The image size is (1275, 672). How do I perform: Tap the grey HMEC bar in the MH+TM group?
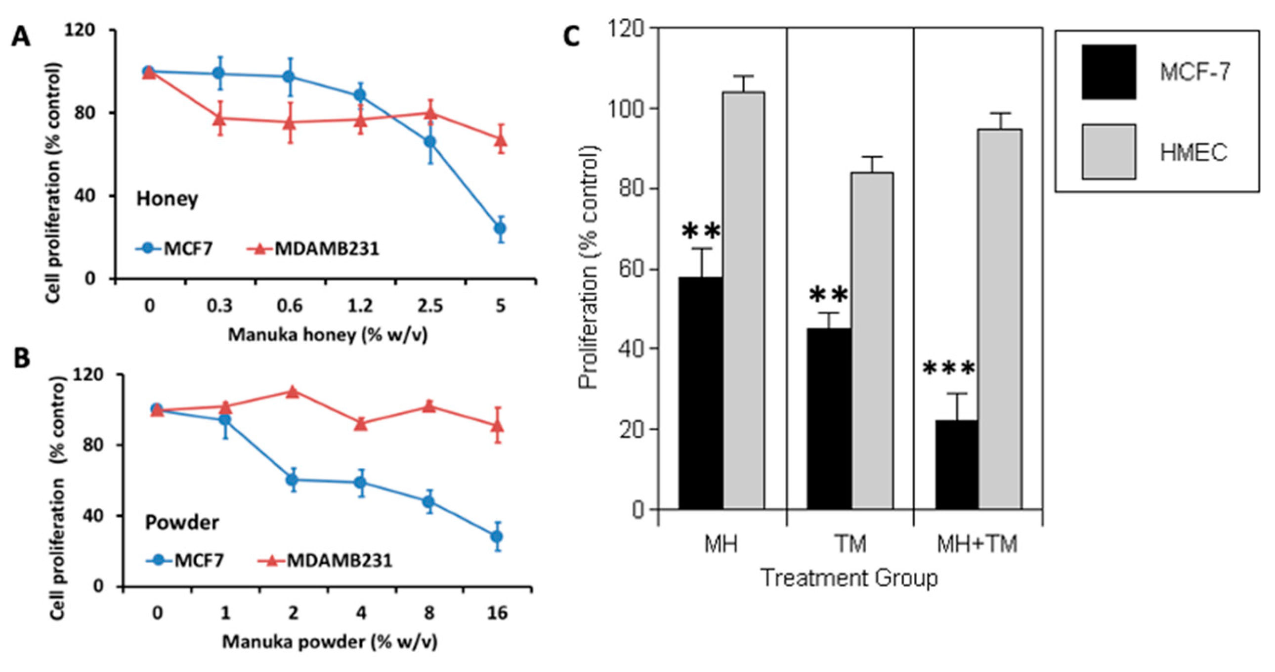click(x=1000, y=319)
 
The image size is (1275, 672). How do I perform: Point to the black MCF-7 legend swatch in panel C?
click(x=1108, y=72)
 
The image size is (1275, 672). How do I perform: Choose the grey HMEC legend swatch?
click(x=1108, y=151)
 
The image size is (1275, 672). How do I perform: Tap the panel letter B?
click(x=21, y=358)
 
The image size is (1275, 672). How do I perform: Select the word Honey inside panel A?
click(x=168, y=199)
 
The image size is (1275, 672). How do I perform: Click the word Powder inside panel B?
click(x=182, y=523)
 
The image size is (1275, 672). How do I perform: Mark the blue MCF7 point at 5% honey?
click(x=501, y=228)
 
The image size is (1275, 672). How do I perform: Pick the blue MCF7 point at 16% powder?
click(x=497, y=537)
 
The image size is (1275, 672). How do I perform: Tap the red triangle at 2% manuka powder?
click(x=293, y=392)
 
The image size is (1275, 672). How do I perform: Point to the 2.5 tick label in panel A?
click(x=429, y=306)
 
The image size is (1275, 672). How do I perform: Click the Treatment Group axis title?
click(x=849, y=578)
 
